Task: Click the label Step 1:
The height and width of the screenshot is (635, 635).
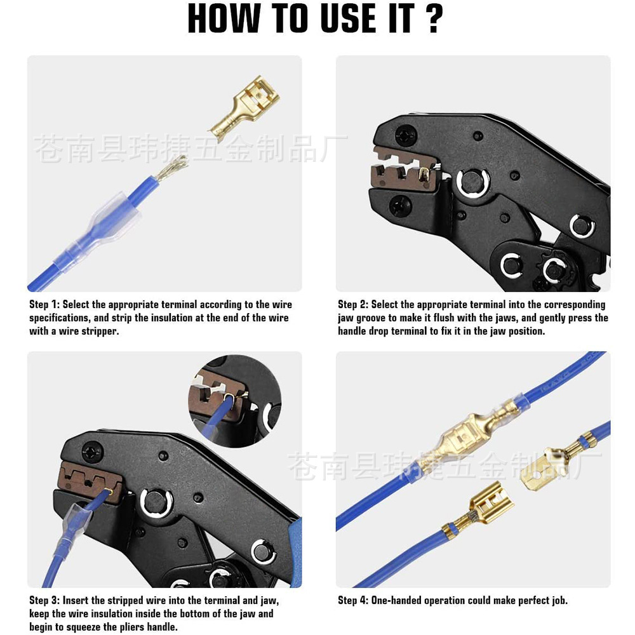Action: point(44,305)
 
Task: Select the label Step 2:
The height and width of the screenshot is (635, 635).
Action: point(353,305)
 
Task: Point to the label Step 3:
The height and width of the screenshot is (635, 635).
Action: point(44,600)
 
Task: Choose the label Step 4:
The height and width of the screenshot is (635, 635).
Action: point(353,600)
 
